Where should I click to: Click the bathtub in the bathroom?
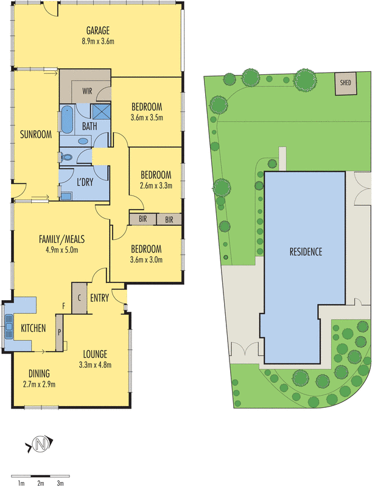click(x=66, y=120)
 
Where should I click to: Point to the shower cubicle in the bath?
click(x=100, y=112)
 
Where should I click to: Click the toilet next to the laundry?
click(x=67, y=157)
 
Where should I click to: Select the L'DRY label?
click(x=84, y=181)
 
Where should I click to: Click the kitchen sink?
click(x=9, y=327)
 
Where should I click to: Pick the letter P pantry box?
click(x=60, y=332)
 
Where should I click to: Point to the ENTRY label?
click(x=100, y=298)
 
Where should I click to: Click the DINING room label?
click(x=38, y=373)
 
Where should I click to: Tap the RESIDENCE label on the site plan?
click(x=306, y=252)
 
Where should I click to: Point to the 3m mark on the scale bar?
click(x=60, y=483)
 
